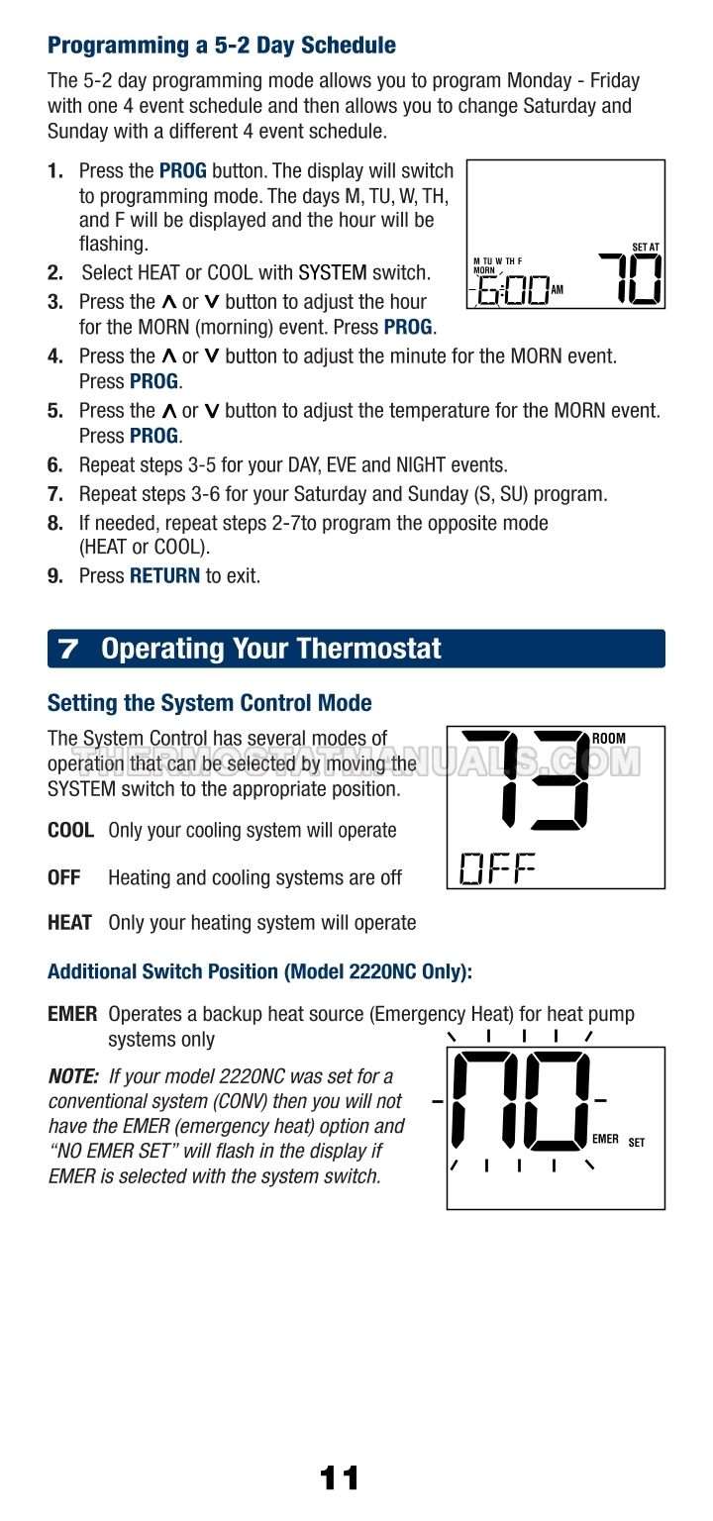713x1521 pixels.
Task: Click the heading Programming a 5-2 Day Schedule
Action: click(x=222, y=46)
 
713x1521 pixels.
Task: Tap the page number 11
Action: click(x=339, y=1478)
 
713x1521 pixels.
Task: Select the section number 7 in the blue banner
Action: click(x=68, y=649)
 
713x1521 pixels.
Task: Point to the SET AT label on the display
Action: click(x=645, y=248)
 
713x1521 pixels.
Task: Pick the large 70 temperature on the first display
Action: click(x=630, y=278)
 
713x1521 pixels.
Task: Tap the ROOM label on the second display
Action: click(x=608, y=738)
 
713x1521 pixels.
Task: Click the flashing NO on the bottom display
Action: click(x=521, y=1101)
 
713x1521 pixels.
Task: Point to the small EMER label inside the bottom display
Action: click(x=605, y=1139)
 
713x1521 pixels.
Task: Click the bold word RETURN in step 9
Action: click(x=165, y=575)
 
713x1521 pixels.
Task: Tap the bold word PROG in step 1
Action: click(x=182, y=170)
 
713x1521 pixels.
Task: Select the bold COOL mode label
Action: click(x=70, y=831)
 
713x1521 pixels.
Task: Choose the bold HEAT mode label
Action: click(x=69, y=923)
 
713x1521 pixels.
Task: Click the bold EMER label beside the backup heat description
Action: click(x=72, y=1014)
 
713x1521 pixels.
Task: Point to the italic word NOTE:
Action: click(x=73, y=1076)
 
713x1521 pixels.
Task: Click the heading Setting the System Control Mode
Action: click(x=209, y=703)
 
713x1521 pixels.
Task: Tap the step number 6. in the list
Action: click(x=55, y=465)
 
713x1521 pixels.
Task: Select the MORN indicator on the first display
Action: click(x=484, y=270)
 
